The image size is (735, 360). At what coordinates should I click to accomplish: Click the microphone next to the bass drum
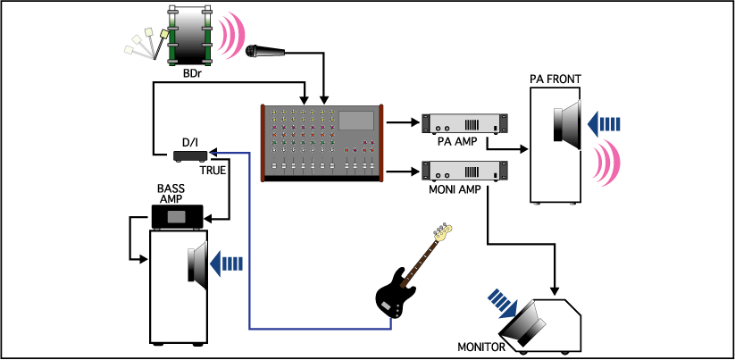pyautogui.click(x=265, y=50)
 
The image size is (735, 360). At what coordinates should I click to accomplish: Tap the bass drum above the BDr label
pyautogui.click(x=190, y=36)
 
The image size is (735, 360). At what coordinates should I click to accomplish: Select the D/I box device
pyautogui.click(x=190, y=156)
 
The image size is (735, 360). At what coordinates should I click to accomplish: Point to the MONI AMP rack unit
pyautogui.click(x=464, y=172)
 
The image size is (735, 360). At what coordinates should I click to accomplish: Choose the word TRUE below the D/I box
pyautogui.click(x=213, y=170)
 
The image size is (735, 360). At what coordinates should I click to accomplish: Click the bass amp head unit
pyautogui.click(x=178, y=217)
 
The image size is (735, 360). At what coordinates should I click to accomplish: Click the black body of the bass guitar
pyautogui.click(x=395, y=294)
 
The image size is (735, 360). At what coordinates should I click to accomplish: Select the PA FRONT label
pyautogui.click(x=555, y=79)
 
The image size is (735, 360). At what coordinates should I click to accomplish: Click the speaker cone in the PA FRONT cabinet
pyautogui.click(x=568, y=124)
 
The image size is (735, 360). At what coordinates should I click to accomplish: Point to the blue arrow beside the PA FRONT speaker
pyautogui.click(x=604, y=124)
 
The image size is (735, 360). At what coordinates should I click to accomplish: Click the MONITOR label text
pyautogui.click(x=481, y=347)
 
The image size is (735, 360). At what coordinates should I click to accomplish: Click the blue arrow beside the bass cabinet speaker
pyautogui.click(x=227, y=264)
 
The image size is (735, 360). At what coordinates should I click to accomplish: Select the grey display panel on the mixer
pyautogui.click(x=356, y=121)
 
